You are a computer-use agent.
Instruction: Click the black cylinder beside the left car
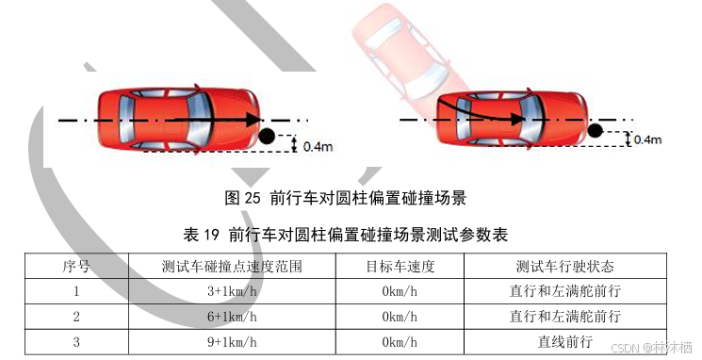click(267, 136)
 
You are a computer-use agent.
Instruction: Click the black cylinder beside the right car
click(595, 131)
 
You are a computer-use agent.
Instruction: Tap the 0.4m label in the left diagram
click(318, 146)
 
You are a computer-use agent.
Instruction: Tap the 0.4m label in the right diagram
click(647, 139)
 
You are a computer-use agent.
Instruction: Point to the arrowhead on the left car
click(254, 120)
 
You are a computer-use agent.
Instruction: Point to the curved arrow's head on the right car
click(518, 119)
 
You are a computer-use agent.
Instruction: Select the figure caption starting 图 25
click(345, 198)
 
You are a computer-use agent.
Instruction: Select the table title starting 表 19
click(345, 234)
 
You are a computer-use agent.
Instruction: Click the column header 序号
click(76, 266)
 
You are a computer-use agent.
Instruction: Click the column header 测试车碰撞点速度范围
click(232, 266)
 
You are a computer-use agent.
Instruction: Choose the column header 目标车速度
click(400, 266)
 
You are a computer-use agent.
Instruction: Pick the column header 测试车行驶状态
click(565, 266)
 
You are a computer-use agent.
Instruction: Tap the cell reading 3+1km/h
click(232, 291)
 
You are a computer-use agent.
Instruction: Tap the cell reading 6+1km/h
click(232, 317)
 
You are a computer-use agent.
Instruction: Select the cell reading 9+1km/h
click(232, 342)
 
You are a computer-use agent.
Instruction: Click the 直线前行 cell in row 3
click(565, 342)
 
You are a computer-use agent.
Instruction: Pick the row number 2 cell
click(76, 317)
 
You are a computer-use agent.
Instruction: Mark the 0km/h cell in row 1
click(400, 291)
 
